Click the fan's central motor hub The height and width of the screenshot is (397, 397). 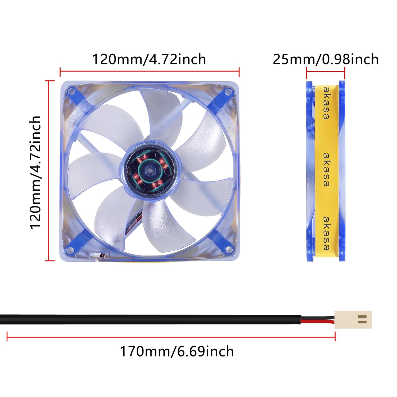(x=150, y=171)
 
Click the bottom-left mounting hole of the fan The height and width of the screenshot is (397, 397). (x=70, y=250)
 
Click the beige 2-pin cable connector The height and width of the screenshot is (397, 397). (x=353, y=319)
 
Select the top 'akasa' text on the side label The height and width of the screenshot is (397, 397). (x=326, y=103)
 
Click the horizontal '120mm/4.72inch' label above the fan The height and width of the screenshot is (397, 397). (x=149, y=59)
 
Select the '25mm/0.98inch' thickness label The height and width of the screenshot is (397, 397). (x=326, y=59)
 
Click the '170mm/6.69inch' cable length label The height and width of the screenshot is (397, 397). (x=177, y=351)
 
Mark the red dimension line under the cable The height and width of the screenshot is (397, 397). (x=171, y=337)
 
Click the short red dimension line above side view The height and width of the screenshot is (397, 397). (x=326, y=71)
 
